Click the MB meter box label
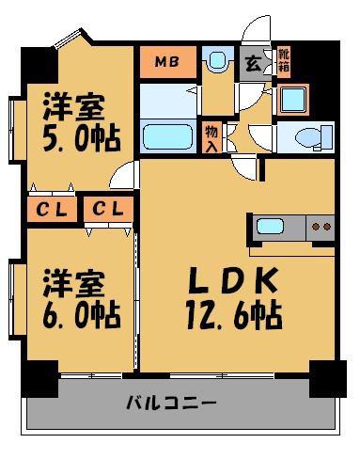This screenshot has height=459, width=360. point(167,62)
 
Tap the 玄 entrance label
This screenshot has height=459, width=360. point(253,64)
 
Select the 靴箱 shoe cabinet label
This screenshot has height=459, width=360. point(284,61)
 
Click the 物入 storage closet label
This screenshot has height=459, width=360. point(211,137)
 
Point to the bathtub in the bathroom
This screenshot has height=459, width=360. point(167,136)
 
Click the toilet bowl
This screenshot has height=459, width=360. point(308,137)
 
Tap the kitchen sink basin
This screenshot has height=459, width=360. point(270,226)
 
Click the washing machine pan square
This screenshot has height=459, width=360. point(293,100)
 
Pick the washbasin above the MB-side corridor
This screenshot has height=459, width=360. point(217,59)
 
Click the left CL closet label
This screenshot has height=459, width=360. point(52,209)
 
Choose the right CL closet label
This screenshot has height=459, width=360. point(108,208)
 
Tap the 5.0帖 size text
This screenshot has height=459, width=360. point(82,138)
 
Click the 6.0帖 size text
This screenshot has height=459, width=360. point(82,314)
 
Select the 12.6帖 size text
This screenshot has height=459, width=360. point(234,314)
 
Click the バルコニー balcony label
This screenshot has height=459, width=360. point(171,403)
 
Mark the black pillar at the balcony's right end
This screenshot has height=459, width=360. point(328,379)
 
